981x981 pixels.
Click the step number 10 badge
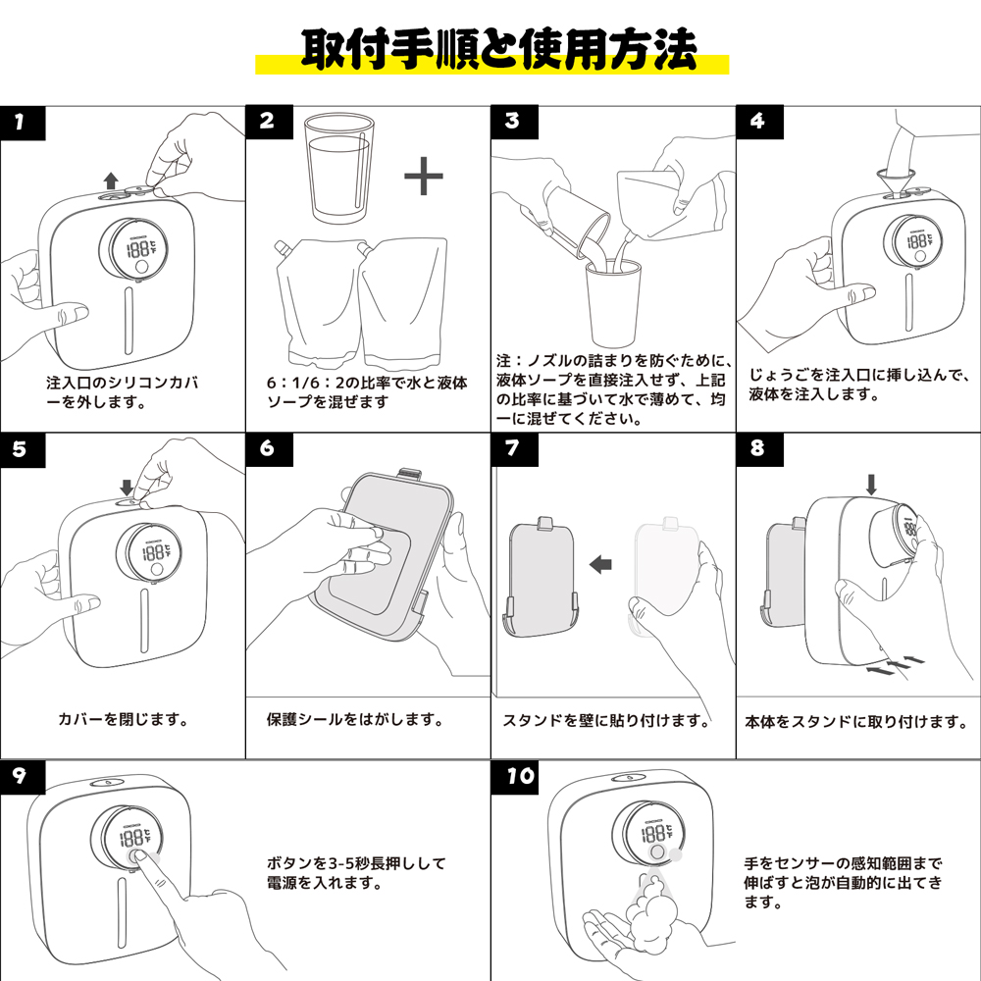tap(521, 775)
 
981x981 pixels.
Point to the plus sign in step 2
tap(424, 177)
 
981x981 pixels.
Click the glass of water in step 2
tap(337, 168)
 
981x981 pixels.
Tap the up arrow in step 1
tap(111, 179)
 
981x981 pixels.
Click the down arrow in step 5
tap(126, 486)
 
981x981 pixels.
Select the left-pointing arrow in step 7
tap(599, 564)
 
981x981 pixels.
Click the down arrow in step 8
tap(870, 483)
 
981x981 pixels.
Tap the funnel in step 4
tap(892, 180)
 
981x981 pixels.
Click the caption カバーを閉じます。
tap(123, 719)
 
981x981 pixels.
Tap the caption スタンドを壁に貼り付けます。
tap(606, 721)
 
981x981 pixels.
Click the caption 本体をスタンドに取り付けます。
tap(856, 722)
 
